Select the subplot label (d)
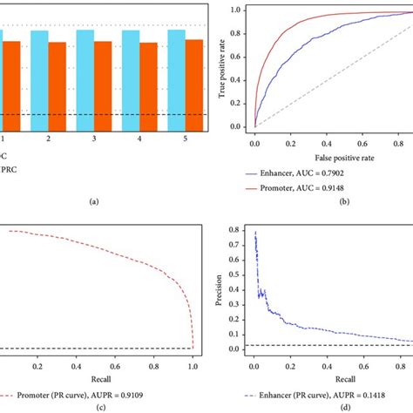coord(321,403)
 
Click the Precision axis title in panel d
coord(218,288)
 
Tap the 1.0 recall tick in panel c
coord(193,357)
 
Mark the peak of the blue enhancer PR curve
coord(254,232)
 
